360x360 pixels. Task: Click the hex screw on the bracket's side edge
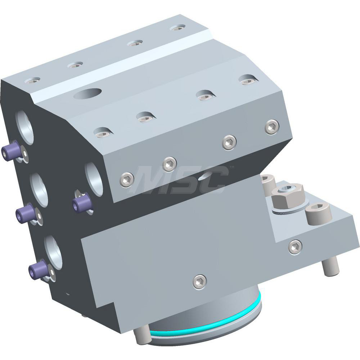pos(295,246)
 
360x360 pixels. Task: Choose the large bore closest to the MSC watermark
pos(94,178)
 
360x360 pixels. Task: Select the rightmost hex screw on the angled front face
pos(272,127)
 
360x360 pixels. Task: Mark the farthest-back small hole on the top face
pos(177,27)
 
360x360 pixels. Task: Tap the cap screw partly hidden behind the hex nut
pos(268,184)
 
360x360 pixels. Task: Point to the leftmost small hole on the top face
pos(32,80)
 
